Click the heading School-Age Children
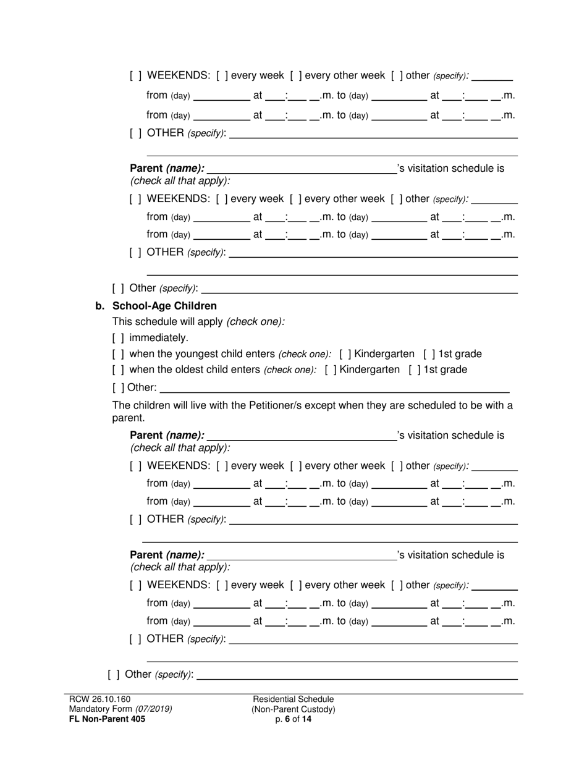point(164,306)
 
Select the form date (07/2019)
point(154,709)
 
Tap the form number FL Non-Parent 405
point(107,719)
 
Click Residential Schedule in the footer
point(293,699)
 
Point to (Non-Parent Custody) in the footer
point(293,709)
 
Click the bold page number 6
point(287,719)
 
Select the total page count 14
point(306,719)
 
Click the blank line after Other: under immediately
point(334,388)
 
